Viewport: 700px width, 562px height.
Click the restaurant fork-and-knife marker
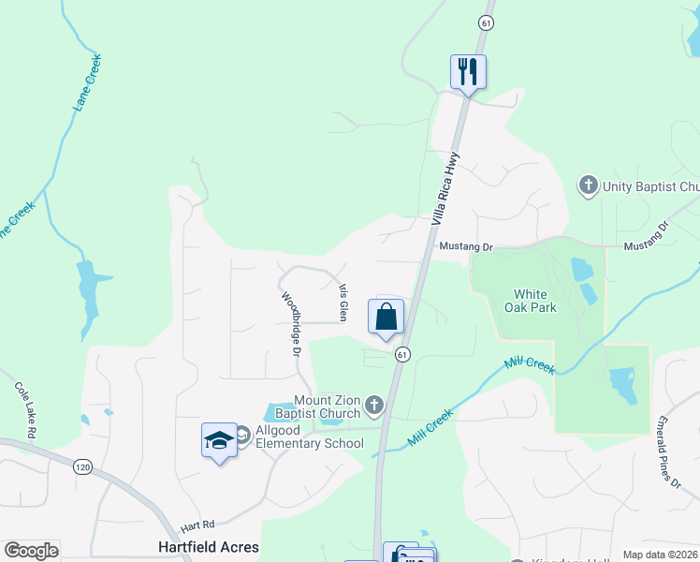coord(468,71)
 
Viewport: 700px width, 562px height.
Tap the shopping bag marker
coord(386,318)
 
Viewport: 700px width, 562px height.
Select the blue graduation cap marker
coord(219,440)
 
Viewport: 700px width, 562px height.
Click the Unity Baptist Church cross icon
coord(589,185)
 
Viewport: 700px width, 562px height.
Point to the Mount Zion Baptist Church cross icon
coord(374,406)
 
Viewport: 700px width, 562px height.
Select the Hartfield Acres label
coord(208,546)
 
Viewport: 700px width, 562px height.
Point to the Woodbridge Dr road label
coord(289,323)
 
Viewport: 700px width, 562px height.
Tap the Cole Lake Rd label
coord(25,409)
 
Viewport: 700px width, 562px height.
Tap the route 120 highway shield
coord(83,466)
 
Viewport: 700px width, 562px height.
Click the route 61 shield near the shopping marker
coord(402,354)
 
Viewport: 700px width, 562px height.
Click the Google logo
coord(31,551)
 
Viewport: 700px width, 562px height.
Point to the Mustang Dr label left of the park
coord(465,247)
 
